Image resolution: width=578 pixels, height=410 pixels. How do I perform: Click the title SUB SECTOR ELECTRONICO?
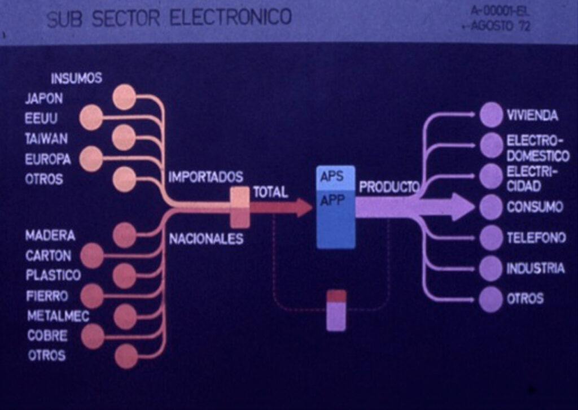pyautogui.click(x=169, y=18)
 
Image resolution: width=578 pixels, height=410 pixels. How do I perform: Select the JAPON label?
pyautogui.click(x=43, y=99)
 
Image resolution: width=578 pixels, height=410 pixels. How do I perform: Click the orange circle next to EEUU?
pyautogui.click(x=91, y=118)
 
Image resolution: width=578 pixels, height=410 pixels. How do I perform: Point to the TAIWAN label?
pyautogui.click(x=46, y=139)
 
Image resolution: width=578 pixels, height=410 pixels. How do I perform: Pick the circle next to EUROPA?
pyautogui.click(x=91, y=159)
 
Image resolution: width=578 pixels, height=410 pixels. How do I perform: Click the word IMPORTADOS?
pyautogui.click(x=205, y=177)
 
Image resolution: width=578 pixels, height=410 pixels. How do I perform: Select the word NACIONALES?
pyautogui.click(x=206, y=239)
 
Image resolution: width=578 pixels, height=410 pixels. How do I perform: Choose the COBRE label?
pyautogui.click(x=47, y=335)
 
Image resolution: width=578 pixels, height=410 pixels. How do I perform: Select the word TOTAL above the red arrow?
pyautogui.click(x=270, y=192)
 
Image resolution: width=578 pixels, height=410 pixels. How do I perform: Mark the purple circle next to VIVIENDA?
pyautogui.click(x=491, y=115)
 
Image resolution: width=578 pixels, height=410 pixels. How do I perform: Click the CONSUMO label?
pyautogui.click(x=534, y=207)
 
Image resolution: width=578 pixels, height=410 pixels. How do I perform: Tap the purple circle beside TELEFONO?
pyautogui.click(x=491, y=238)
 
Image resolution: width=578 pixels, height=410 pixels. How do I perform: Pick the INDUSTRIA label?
pyautogui.click(x=535, y=268)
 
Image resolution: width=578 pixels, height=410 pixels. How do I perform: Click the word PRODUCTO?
pyautogui.click(x=388, y=187)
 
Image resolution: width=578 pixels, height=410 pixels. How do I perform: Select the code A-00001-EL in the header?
pyautogui.click(x=500, y=11)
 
